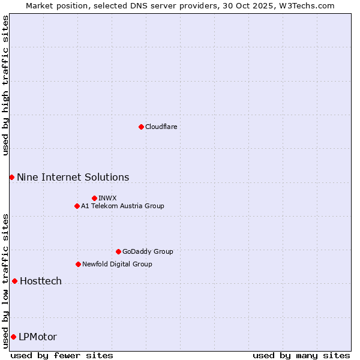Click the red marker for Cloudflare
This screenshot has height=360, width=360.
coord(141,127)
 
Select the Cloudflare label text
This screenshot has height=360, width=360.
coord(161,127)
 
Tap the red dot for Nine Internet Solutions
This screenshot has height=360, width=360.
coord(11,177)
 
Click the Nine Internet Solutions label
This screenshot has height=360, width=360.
coord(73,177)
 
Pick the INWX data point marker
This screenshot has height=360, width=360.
coord(94,198)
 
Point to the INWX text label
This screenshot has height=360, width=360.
coord(107,198)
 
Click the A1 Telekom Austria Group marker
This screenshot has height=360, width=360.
coord(77,206)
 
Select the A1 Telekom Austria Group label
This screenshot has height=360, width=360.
coord(122,206)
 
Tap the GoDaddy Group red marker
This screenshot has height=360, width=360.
coord(118,251)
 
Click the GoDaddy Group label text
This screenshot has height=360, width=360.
coord(148,251)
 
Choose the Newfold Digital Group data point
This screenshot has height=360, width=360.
coord(78,264)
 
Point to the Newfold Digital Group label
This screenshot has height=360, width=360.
coord(117,264)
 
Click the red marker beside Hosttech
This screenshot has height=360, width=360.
coord(14,281)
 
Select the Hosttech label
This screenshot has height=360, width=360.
coord(41,281)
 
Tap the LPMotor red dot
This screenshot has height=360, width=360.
coord(13,337)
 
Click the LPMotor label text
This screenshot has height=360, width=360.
coord(38,337)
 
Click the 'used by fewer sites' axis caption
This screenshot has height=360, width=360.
coord(62,355)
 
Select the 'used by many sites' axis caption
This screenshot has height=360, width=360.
coord(301,355)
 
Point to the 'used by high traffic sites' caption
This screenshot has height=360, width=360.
coord(5,85)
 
